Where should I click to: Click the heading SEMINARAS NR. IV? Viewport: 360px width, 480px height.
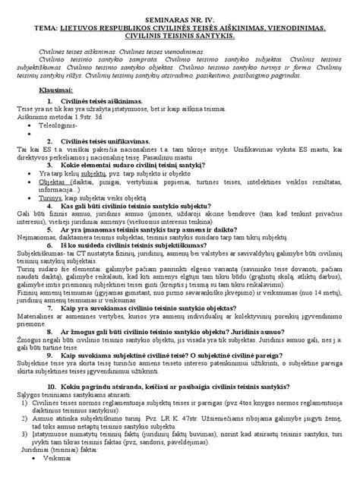coord(181,15)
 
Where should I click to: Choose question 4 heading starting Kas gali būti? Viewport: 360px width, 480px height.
coord(144,209)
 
